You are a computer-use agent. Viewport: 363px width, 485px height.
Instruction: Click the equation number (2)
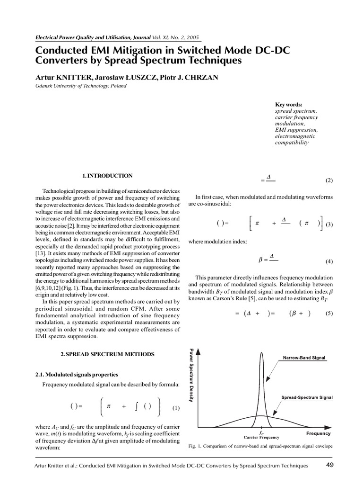click(329, 180)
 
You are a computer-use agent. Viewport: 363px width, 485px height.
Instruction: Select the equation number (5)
click(329, 313)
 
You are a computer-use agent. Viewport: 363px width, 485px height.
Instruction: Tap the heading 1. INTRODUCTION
click(107, 176)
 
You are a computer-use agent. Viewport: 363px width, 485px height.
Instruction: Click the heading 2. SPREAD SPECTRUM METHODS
click(107, 354)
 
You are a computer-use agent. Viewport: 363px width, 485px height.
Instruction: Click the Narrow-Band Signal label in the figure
click(304, 358)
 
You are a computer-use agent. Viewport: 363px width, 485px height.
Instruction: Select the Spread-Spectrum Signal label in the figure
click(307, 397)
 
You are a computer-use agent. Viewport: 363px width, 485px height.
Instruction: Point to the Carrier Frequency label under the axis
click(261, 437)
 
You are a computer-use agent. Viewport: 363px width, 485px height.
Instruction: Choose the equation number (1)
click(176, 408)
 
